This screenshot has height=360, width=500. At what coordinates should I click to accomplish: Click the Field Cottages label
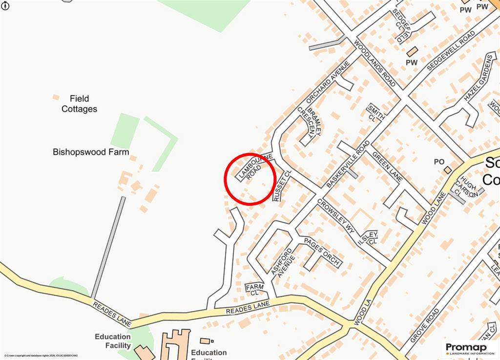click(79, 104)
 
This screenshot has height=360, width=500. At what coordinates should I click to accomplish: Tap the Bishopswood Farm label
click(91, 152)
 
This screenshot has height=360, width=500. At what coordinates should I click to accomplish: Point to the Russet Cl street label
click(281, 186)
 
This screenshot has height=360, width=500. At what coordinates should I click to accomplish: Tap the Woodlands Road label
click(375, 64)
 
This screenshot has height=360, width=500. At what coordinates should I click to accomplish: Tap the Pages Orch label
click(322, 252)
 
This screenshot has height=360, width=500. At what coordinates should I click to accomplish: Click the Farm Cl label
click(254, 290)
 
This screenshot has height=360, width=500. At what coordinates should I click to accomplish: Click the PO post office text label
click(439, 162)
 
